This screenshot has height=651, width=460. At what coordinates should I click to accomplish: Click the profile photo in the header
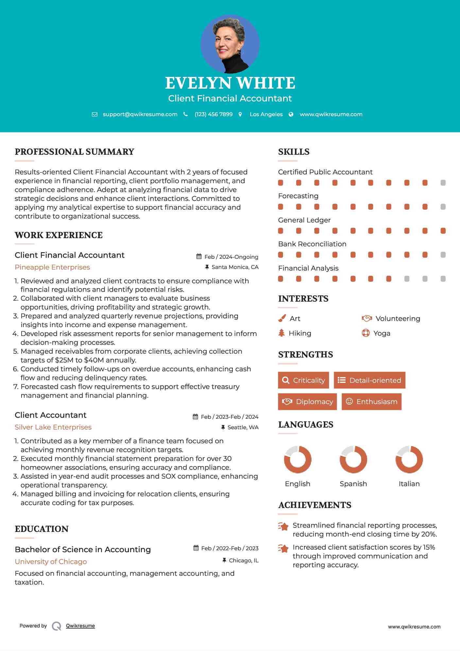[x=230, y=44]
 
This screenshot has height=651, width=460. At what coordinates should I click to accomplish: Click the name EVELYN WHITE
[x=230, y=83]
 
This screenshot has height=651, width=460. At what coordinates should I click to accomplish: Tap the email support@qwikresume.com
[x=140, y=114]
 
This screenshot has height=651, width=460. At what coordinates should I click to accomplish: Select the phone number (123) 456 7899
[x=213, y=114]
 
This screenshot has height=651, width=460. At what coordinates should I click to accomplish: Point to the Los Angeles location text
[x=266, y=114]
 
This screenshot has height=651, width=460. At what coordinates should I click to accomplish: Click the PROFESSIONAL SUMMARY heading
[x=75, y=152]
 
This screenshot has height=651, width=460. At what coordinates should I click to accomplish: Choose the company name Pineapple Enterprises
[x=52, y=267]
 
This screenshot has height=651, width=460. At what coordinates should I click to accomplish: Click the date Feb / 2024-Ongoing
[x=231, y=257]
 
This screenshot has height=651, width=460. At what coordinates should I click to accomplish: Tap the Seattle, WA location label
[x=243, y=427]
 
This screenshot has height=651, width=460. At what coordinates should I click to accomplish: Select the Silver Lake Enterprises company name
[x=53, y=427]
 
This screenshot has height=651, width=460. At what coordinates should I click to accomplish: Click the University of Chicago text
[x=51, y=562]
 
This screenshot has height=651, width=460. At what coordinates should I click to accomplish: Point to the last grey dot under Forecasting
[x=443, y=207]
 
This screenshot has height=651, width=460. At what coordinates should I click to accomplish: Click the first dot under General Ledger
[x=281, y=231]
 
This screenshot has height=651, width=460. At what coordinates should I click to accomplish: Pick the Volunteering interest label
[x=398, y=319]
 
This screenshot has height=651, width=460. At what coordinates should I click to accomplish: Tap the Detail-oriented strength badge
[x=369, y=380]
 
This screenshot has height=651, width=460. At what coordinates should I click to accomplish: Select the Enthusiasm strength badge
[x=371, y=402]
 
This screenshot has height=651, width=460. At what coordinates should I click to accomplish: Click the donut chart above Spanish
[x=353, y=459]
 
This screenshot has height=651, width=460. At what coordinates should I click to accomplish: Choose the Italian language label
[x=409, y=484]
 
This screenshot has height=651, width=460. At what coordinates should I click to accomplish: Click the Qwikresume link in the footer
[x=80, y=626]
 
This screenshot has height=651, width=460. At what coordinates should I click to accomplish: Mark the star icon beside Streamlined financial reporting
[x=283, y=526]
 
